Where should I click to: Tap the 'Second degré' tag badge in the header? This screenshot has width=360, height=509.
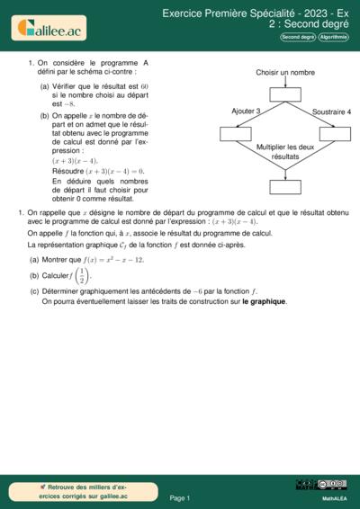tap(298, 38)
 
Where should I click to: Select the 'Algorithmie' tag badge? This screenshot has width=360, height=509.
tap(334, 38)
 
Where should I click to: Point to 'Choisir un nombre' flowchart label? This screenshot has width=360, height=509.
tap(285, 72)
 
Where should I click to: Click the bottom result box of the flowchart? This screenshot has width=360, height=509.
tap(285, 187)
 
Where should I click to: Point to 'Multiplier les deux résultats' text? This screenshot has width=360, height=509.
tap(285, 151)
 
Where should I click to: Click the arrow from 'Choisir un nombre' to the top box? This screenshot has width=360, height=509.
tap(285, 83)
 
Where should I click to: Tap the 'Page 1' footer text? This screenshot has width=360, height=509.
tap(180, 496)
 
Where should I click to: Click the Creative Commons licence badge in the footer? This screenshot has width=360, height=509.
tap(321, 485)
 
